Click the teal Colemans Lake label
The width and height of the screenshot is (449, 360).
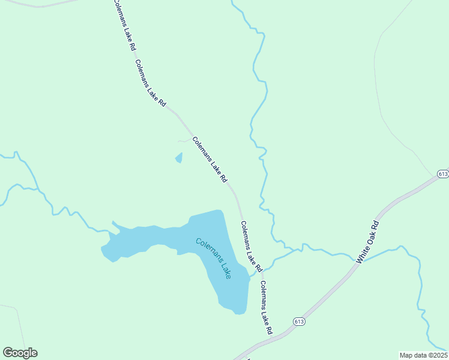(x=213, y=258)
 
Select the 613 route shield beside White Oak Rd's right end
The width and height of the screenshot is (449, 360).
(x=443, y=174)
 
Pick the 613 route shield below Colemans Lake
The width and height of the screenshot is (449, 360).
(x=299, y=322)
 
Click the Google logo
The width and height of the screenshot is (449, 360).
(x=20, y=353)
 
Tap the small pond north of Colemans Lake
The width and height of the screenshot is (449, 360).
(x=178, y=158)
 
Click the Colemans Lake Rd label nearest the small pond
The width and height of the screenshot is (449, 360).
(x=210, y=160)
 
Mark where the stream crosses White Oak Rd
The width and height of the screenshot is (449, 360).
(x=362, y=262)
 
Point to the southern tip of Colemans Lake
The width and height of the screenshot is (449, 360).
(x=239, y=313)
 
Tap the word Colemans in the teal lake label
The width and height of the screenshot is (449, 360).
(x=206, y=250)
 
